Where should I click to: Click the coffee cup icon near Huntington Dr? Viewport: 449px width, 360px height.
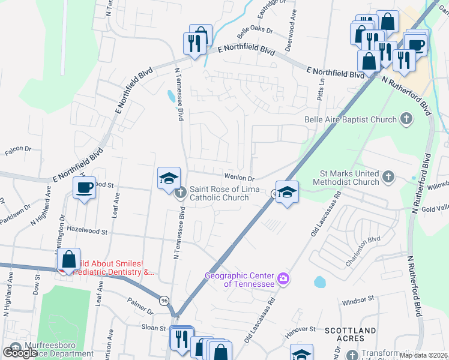(84, 188)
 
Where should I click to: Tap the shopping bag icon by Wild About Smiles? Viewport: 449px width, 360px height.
(69, 260)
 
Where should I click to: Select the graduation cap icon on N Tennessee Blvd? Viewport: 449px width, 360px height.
(169, 178)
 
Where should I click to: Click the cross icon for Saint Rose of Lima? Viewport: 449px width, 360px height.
(180, 193)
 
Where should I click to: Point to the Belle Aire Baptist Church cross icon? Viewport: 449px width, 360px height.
(406, 119)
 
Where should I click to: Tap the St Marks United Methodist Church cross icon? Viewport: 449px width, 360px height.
(388, 176)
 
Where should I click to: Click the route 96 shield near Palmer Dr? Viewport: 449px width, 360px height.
(164, 299)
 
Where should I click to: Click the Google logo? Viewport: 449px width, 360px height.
(19, 352)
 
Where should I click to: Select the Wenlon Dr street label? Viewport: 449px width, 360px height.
(240, 178)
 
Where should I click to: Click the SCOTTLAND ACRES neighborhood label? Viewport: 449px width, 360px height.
(351, 335)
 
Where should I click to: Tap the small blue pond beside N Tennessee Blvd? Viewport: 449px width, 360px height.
(172, 95)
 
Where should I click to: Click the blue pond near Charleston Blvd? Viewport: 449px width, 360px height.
(319, 281)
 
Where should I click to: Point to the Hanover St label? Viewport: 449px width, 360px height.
(301, 329)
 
